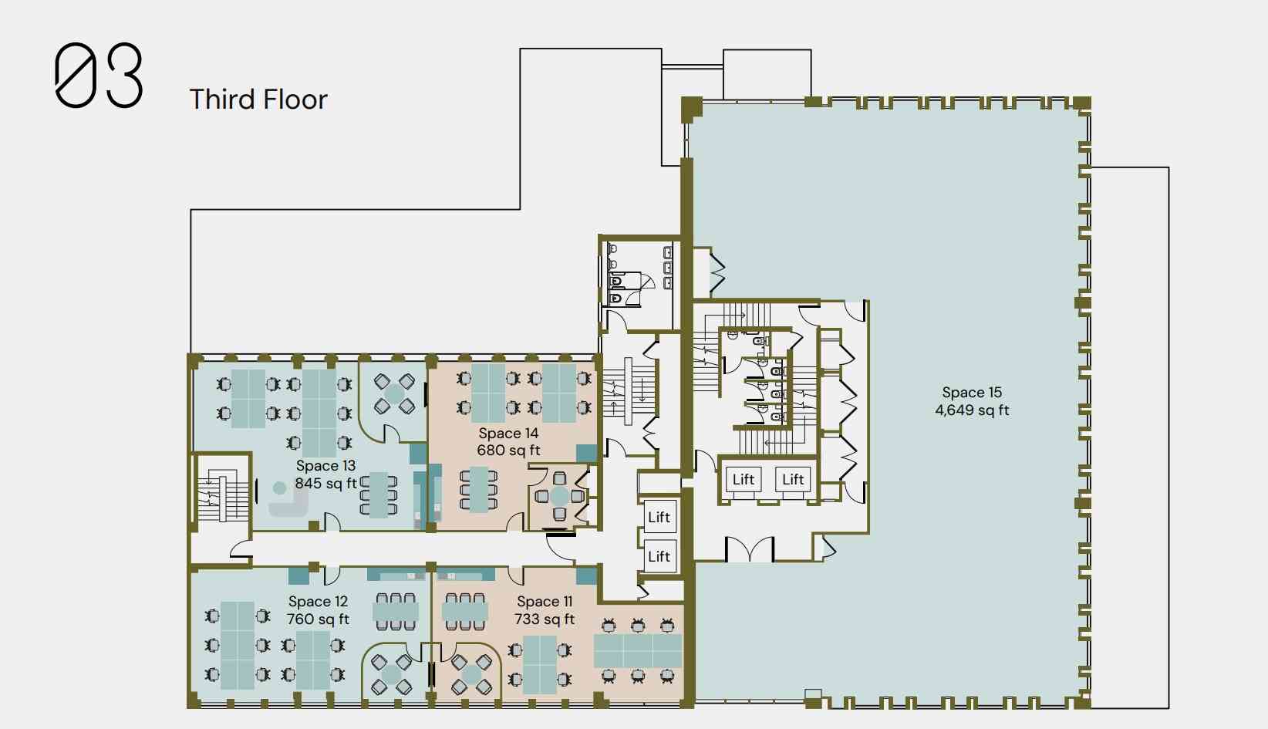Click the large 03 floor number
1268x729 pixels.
99,75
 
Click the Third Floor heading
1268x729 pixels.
258,100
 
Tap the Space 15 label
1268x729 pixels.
972,392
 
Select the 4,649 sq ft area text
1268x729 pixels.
972,410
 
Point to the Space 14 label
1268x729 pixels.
508,433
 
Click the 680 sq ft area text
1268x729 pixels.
508,451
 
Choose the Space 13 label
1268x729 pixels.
325,466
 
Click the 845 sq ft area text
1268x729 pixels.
325,484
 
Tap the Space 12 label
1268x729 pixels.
318,601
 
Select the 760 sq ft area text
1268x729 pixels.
318,619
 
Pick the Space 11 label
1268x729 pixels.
545,601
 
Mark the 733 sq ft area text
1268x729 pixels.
545,619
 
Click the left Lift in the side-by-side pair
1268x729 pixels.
744,479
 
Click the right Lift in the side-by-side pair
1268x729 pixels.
793,479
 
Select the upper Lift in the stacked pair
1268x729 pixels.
659,517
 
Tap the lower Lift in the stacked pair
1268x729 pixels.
659,556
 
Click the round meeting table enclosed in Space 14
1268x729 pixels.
559,496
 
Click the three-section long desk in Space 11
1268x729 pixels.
638,651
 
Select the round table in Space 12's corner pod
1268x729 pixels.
391,674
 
